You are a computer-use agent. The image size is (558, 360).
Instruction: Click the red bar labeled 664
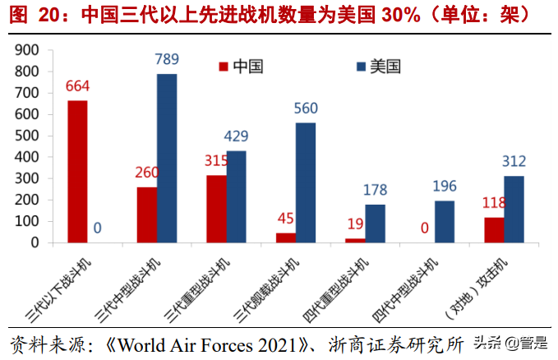pyautogui.click(x=77, y=171)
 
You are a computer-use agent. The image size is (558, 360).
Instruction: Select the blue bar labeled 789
pyautogui.click(x=167, y=158)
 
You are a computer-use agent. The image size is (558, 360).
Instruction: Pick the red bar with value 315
pyautogui.click(x=216, y=209)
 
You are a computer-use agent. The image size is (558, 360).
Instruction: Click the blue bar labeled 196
pyautogui.click(x=445, y=222)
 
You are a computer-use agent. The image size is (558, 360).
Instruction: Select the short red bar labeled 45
pyautogui.click(x=286, y=238)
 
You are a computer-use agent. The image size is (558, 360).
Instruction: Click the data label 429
pyautogui.click(x=236, y=136)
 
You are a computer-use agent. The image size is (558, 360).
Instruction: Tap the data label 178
pyautogui.click(x=375, y=191)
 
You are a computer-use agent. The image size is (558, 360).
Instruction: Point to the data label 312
pyautogui.click(x=514, y=161)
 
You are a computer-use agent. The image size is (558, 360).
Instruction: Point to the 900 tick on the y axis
pyautogui.click(x=30, y=50)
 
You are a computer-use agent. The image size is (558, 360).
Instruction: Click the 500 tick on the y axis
pyautogui.click(x=30, y=136)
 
